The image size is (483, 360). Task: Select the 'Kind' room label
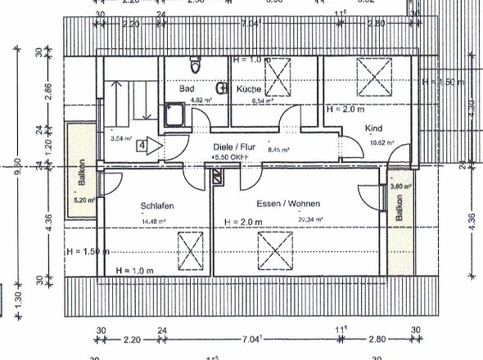coord(373,128)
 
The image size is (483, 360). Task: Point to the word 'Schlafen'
coord(156,205)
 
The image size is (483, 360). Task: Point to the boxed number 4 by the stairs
coord(143,146)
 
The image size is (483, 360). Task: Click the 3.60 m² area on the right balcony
coord(398,187)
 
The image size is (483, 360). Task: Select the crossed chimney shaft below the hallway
coord(217,177)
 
